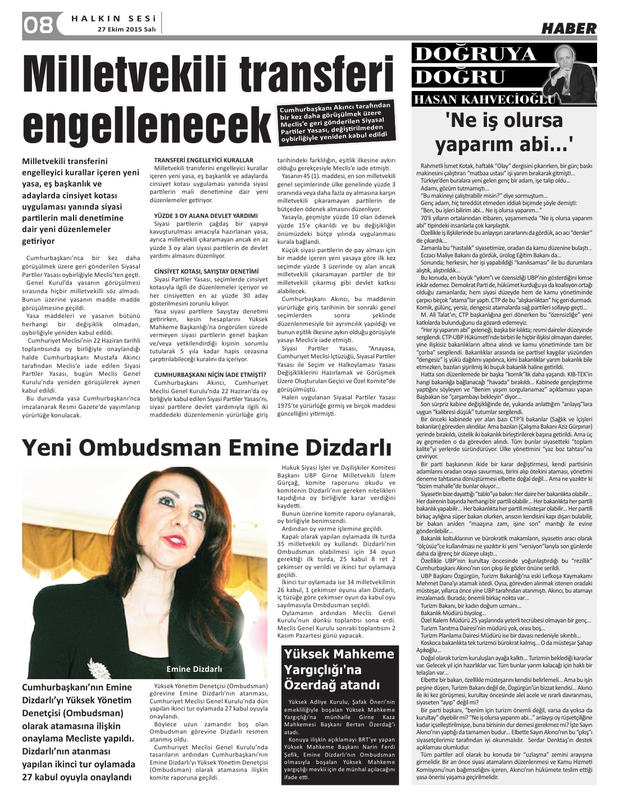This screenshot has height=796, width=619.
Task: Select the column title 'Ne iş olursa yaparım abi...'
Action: click(x=503, y=133)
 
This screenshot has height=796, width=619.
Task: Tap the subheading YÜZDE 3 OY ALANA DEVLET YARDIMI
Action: click(x=206, y=216)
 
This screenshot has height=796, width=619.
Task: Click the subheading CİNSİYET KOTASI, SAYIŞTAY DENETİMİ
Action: click(x=206, y=271)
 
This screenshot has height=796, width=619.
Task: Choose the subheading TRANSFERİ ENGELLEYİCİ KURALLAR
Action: click(x=203, y=161)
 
